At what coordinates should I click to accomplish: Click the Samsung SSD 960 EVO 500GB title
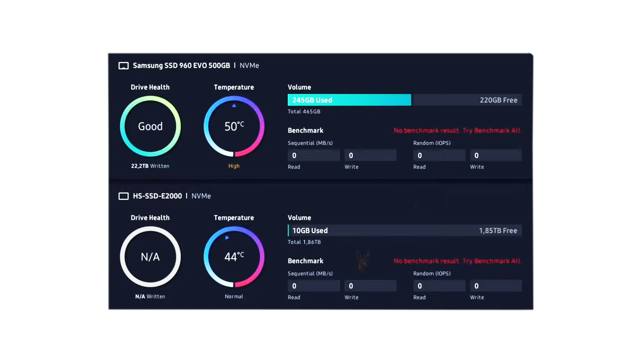(182, 66)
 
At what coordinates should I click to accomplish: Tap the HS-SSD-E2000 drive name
(158, 196)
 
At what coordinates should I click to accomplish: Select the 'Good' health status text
(150, 126)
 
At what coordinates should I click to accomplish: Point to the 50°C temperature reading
(234, 126)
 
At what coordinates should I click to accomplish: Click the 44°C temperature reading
(234, 256)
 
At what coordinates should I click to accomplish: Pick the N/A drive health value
(150, 257)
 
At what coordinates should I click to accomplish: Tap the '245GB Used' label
(312, 100)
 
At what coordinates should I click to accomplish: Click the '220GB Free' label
(498, 100)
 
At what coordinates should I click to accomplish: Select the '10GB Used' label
(310, 230)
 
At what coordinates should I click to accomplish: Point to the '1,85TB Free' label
(498, 230)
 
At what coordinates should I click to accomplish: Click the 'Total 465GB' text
(304, 112)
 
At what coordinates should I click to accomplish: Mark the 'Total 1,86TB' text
(304, 242)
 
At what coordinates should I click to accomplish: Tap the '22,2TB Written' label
(150, 166)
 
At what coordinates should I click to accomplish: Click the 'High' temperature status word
(234, 166)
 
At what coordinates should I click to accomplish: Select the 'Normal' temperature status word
(234, 296)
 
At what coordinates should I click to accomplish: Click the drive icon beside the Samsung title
(124, 66)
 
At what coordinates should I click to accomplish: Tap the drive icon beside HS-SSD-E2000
(124, 196)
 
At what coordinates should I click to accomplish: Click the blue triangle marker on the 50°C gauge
(234, 106)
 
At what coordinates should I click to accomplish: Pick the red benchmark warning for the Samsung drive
(457, 130)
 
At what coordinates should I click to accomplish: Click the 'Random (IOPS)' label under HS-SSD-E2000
(432, 274)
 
